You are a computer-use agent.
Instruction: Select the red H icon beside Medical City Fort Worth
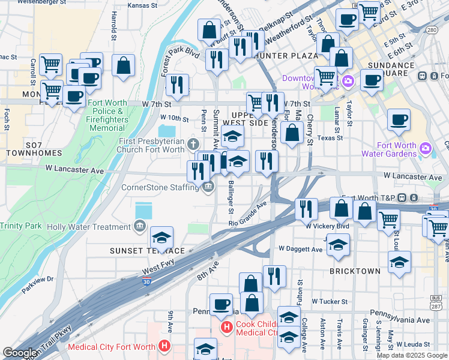click(x=164, y=346)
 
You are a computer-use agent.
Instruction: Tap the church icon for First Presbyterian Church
click(x=193, y=143)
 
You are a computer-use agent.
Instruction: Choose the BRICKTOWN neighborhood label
click(x=355, y=271)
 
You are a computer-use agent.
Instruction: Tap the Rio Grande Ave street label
click(x=247, y=214)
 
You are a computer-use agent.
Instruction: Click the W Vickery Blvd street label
click(x=327, y=226)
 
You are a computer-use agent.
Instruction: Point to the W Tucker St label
click(x=330, y=301)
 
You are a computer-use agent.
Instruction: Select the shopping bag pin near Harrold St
click(x=123, y=67)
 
